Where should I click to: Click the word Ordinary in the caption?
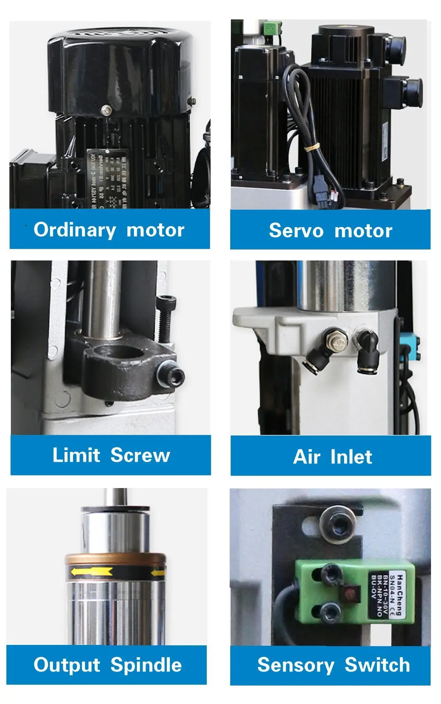[74, 230]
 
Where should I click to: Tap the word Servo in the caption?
[296, 231]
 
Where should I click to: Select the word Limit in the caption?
[76, 455]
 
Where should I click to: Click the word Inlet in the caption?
[351, 457]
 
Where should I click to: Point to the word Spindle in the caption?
[146, 665]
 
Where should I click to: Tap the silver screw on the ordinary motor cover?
[107, 110]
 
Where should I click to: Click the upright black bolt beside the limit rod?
[166, 318]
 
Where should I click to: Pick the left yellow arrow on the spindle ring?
[91, 572]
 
